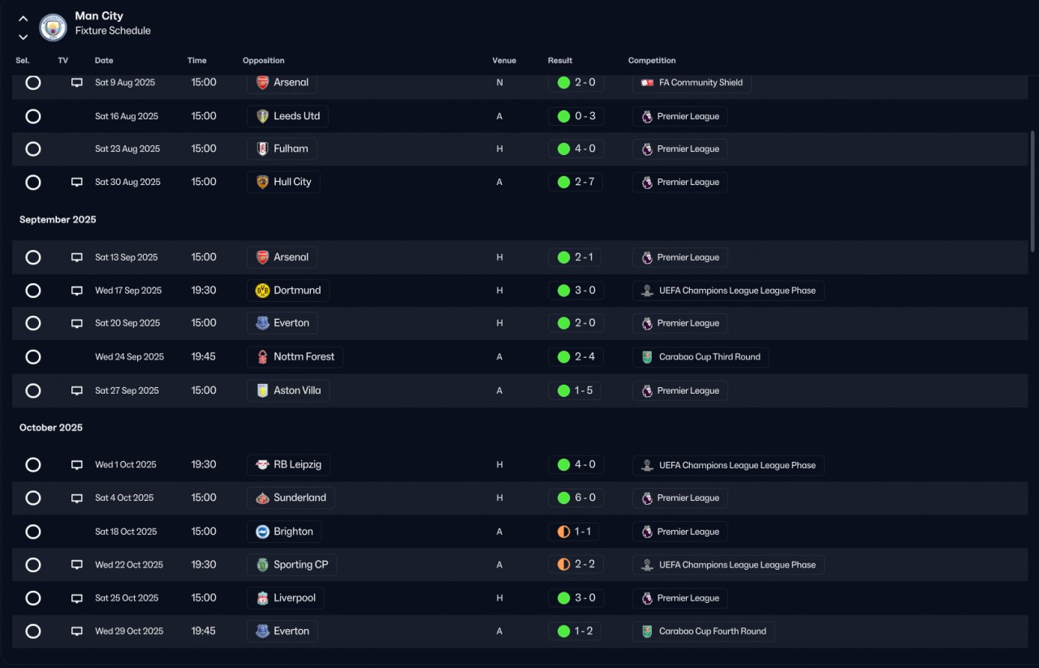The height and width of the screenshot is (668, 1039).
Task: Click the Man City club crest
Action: pos(53,27)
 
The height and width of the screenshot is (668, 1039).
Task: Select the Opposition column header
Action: pos(264,60)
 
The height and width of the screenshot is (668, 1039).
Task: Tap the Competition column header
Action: pos(652,60)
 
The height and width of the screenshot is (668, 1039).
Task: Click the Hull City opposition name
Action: pos(292,182)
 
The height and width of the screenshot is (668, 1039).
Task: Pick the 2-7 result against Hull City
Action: pos(584,182)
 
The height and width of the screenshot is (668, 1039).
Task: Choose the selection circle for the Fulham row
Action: pos(33,149)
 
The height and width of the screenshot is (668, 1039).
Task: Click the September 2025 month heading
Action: pos(58,219)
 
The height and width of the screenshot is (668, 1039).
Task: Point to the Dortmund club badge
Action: pos(262,291)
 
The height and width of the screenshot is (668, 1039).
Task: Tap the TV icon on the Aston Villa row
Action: pos(77,390)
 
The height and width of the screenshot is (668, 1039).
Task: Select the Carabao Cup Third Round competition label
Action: pos(709,357)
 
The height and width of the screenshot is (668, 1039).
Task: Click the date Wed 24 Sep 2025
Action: pos(129,357)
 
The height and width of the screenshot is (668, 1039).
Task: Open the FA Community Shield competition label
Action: pos(701,83)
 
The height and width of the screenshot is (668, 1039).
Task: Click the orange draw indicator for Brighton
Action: pos(563,532)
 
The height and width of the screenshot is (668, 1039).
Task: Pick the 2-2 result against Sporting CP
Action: pos(584,565)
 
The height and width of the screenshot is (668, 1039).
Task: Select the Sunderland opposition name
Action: pos(300,498)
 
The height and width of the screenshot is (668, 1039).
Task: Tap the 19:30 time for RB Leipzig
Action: pos(204,464)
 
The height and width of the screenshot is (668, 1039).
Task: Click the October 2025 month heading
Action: pos(51,427)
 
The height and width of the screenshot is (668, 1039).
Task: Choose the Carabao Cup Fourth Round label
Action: pos(713,631)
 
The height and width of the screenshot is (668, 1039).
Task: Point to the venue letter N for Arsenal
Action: pos(499,83)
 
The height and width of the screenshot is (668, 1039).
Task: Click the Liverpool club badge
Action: pos(262,598)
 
